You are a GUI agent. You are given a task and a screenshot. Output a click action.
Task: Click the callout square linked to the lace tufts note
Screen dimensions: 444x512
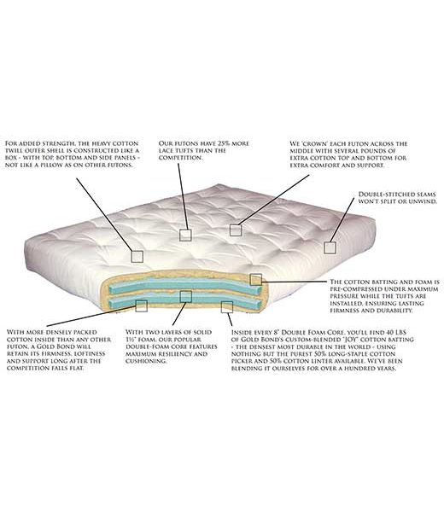[x=185, y=236]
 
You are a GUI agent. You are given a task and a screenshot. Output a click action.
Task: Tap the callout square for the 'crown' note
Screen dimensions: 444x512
[x=235, y=230]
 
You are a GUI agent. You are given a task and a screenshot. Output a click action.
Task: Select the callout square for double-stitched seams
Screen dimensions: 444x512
[x=330, y=247]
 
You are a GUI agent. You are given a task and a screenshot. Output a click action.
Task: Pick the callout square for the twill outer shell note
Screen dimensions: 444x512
[x=137, y=256]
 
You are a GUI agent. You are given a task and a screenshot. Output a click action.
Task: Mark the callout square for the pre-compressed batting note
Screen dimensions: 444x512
[x=256, y=280]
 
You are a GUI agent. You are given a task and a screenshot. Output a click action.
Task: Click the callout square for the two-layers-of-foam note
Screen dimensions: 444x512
[x=185, y=296]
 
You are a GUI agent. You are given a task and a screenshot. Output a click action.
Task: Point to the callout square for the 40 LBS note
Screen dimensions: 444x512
[x=227, y=307]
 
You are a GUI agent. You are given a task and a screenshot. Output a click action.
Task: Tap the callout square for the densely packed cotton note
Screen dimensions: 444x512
[x=141, y=305]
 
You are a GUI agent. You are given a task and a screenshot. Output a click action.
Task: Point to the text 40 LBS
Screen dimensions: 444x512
[x=396, y=333]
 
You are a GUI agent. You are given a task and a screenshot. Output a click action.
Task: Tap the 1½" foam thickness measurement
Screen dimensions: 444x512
[x=131, y=340]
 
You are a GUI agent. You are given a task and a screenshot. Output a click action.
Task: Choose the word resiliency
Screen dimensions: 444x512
[x=178, y=354]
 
